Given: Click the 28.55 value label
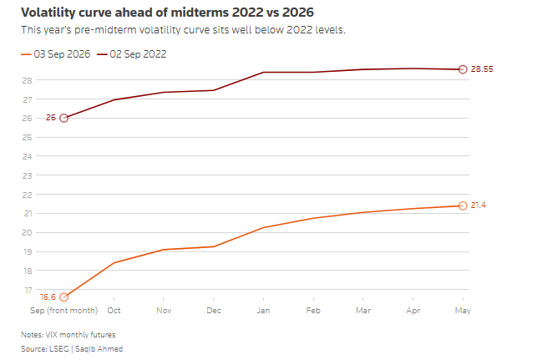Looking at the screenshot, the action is (x=482, y=69).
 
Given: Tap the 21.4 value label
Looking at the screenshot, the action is (x=478, y=205).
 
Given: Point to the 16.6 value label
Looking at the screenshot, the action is (x=48, y=297).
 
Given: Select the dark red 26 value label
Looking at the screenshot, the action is (x=51, y=118).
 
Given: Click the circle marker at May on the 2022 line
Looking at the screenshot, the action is (x=463, y=69).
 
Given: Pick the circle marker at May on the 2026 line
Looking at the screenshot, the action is (x=463, y=205).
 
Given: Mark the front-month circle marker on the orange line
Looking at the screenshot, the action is (x=63, y=297).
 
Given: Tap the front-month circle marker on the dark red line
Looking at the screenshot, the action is (x=63, y=118).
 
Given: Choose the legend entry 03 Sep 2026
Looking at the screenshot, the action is (x=55, y=54).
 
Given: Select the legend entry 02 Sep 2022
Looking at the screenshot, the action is (x=131, y=54).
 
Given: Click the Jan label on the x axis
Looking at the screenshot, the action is (x=263, y=311).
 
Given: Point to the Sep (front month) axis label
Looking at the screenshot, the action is (x=64, y=311).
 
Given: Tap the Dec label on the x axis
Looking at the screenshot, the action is (x=213, y=311).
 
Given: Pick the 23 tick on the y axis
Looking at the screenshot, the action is (x=27, y=175).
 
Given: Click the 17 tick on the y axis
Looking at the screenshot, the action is (x=28, y=291).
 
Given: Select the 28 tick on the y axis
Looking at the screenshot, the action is (x=27, y=80).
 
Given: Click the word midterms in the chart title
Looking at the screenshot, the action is (x=200, y=13).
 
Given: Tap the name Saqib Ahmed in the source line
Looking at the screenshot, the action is (x=99, y=349).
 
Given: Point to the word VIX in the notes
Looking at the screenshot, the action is (x=52, y=335).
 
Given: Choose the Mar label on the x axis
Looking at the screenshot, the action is (x=363, y=311).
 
